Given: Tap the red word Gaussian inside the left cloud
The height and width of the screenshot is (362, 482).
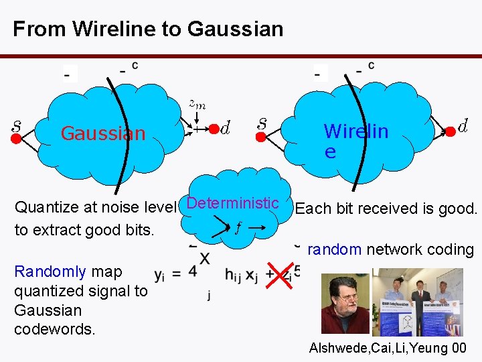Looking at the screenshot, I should (x=103, y=133).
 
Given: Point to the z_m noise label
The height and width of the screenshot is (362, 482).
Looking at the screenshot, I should (x=197, y=103).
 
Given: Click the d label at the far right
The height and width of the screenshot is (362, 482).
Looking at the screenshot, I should (x=463, y=125).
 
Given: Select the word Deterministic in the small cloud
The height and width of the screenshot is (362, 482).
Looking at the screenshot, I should (x=233, y=203).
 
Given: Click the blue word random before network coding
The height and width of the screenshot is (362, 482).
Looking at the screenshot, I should (x=334, y=249).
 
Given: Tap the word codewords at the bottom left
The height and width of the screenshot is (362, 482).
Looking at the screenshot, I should (x=55, y=330).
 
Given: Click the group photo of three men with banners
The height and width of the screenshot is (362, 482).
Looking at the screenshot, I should (x=416, y=302).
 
